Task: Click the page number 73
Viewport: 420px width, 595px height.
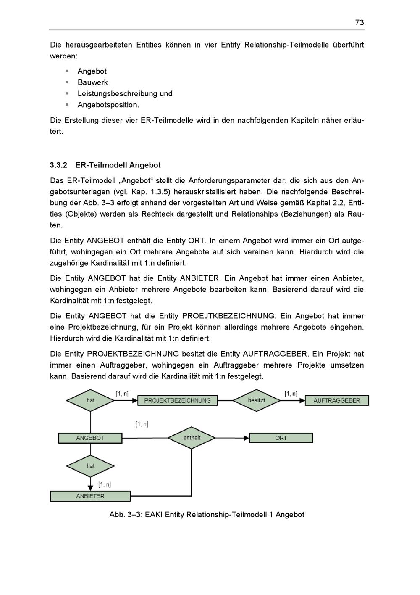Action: (359, 23)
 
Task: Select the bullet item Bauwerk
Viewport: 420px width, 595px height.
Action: (92, 82)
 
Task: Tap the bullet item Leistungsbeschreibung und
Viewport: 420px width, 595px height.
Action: (125, 94)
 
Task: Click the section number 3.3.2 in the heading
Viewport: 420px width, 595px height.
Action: (58, 165)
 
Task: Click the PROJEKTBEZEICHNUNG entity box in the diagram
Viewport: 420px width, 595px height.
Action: (177, 400)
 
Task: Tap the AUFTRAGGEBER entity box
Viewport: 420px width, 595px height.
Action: (336, 400)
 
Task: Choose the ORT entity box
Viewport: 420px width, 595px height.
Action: (281, 438)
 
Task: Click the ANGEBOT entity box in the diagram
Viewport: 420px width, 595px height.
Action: (90, 438)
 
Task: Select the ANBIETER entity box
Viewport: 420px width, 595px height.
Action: (90, 496)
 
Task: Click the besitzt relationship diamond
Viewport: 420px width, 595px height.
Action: (256, 400)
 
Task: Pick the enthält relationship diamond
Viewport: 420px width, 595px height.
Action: (192, 438)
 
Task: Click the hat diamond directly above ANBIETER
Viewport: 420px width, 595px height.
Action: (90, 466)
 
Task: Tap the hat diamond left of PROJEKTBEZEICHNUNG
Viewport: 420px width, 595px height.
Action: (90, 400)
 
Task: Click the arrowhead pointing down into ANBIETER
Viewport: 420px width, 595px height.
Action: (90, 488)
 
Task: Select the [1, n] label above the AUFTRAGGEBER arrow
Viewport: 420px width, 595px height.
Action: (291, 394)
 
